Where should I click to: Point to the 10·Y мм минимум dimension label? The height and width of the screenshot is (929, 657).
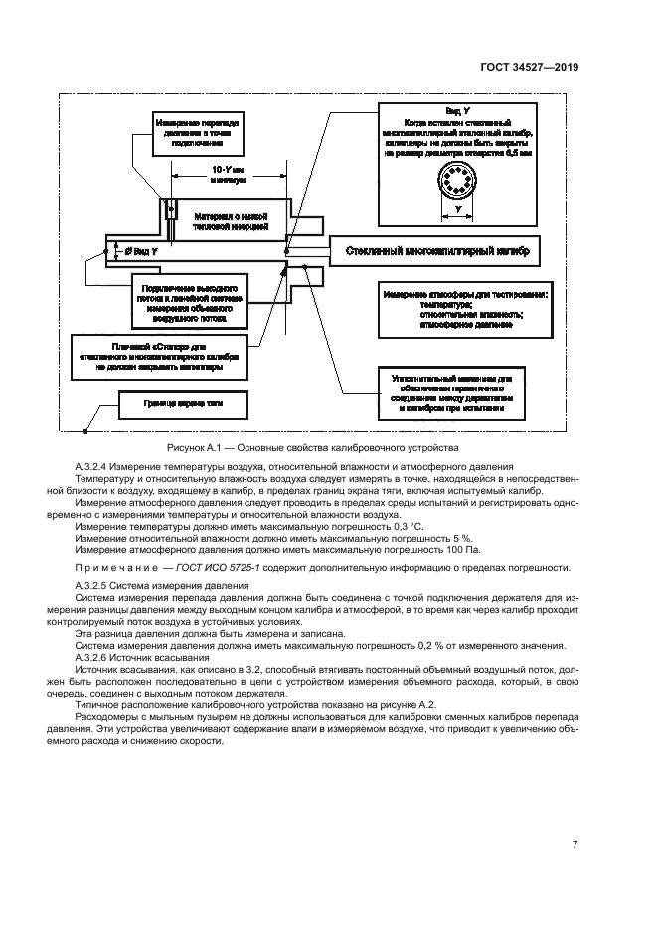(227, 175)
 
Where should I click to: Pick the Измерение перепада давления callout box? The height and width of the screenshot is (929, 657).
(192, 133)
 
